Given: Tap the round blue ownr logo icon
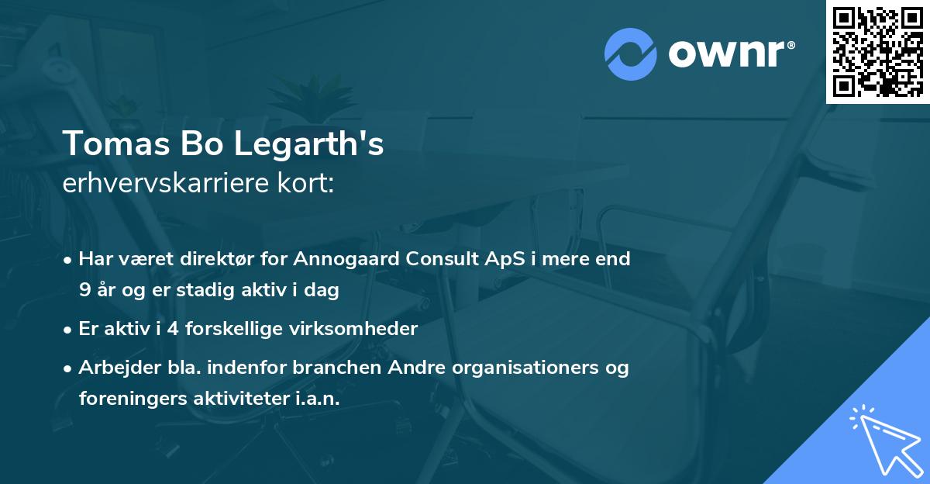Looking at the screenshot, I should click(x=631, y=54).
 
